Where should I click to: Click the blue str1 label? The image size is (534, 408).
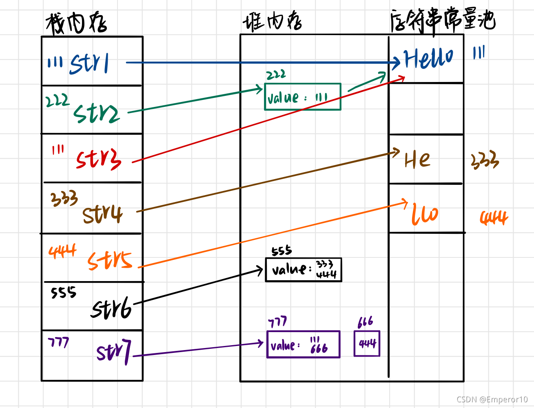click(89, 64)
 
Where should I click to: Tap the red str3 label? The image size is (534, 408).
click(98, 159)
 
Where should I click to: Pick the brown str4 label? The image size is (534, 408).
click(102, 214)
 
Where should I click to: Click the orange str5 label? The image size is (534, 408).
click(109, 260)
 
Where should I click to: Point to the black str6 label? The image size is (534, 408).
click(111, 308)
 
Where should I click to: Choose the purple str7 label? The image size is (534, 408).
click(114, 352)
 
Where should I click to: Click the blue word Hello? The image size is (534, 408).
click(428, 58)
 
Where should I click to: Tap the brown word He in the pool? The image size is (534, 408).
click(417, 160)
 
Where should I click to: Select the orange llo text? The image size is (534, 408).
click(424, 214)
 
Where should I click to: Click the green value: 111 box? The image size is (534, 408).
click(302, 97)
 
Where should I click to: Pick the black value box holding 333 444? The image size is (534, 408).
click(303, 270)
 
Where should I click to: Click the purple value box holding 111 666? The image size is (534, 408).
click(303, 344)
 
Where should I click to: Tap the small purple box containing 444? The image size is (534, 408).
click(367, 344)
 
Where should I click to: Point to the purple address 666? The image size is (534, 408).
click(365, 322)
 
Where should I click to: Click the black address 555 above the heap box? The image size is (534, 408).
click(281, 251)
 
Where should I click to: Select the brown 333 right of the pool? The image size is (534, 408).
click(485, 160)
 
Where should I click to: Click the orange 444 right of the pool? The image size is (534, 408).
click(494, 218)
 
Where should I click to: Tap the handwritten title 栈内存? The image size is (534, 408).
click(76, 23)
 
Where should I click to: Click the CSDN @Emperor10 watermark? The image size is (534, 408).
click(492, 399)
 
